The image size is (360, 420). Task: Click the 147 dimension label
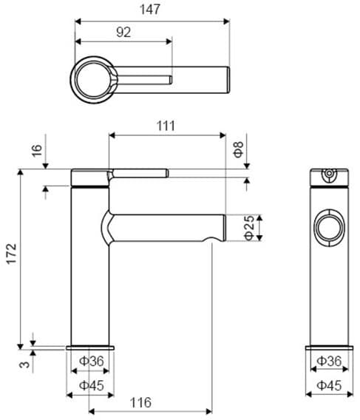pos(150,10)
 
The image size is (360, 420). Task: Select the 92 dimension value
pos(123,32)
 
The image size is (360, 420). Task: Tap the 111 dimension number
pos(166,126)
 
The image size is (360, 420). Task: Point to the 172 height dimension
pos(12,254)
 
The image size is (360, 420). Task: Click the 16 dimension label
pos(37,151)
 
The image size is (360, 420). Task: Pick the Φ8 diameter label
pos(238,149)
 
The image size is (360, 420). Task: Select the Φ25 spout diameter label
pos(249,228)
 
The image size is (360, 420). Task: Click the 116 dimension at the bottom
pos(140,402)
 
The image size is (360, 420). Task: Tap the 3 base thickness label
pos(25,365)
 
